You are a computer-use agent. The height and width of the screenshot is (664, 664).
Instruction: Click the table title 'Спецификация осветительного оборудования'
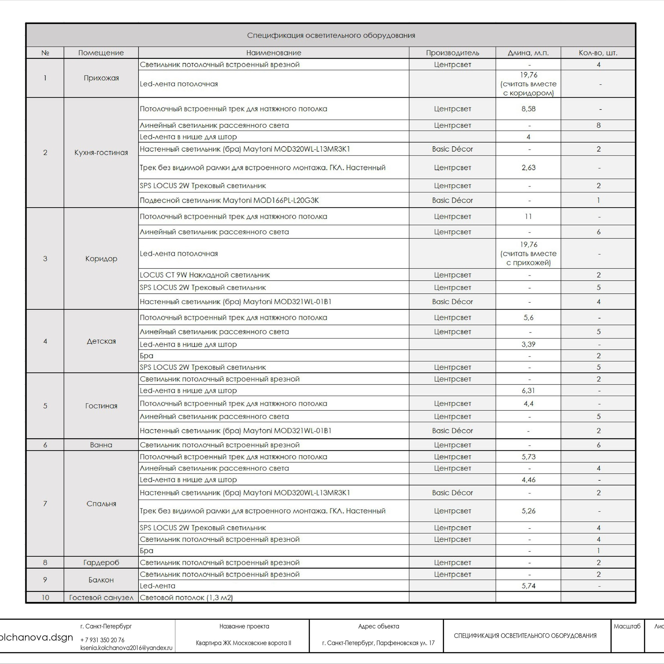click(331, 35)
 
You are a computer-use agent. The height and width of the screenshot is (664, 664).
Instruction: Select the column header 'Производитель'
click(452, 53)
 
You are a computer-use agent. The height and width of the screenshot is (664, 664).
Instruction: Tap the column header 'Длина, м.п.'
click(528, 53)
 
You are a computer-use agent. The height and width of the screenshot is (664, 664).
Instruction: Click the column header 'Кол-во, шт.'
click(598, 53)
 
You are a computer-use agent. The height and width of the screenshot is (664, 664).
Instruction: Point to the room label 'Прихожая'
click(101, 78)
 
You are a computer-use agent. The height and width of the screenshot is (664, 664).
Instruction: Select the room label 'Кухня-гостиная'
click(101, 153)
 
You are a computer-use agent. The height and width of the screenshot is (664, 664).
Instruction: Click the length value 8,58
click(528, 109)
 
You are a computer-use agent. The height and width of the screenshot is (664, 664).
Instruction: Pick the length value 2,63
click(528, 168)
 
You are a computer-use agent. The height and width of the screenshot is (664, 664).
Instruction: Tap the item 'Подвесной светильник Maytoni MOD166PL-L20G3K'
click(229, 200)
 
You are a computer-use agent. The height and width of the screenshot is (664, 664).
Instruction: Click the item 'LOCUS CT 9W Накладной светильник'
click(205, 275)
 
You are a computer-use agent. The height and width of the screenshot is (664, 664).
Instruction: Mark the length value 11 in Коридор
click(528, 217)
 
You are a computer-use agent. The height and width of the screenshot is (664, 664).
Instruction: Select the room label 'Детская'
click(101, 341)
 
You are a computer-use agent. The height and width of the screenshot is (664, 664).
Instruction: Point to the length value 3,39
click(528, 344)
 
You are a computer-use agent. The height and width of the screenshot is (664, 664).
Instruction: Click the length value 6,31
click(528, 391)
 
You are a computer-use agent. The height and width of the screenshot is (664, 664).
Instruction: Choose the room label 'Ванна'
click(101, 445)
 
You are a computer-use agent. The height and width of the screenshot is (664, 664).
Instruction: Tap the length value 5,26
click(528, 511)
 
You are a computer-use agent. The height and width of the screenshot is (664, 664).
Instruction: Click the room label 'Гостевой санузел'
click(101, 598)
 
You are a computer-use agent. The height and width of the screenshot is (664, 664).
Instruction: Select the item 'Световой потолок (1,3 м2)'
click(186, 598)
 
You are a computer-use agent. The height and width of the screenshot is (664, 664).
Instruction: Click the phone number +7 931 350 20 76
click(102, 640)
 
